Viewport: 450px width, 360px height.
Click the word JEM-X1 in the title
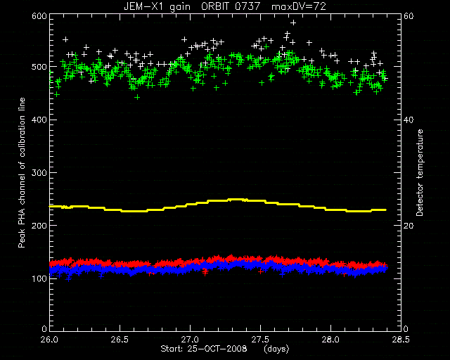click(x=142, y=6)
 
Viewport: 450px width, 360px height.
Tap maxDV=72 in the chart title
click(x=299, y=6)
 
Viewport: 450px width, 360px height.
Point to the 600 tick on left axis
click(x=39, y=15)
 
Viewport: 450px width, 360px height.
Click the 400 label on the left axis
click(x=39, y=120)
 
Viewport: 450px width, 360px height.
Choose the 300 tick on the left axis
click(x=39, y=172)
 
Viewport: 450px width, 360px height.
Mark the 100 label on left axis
click(x=39, y=278)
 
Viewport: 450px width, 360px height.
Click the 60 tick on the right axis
click(x=409, y=15)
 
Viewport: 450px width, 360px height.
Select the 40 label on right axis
click(x=409, y=120)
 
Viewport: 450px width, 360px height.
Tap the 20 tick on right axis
click(x=409, y=226)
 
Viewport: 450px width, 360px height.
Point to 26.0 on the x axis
click(x=50, y=340)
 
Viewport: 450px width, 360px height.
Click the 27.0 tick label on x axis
click(x=191, y=340)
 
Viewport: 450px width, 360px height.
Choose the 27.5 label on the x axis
click(x=260, y=340)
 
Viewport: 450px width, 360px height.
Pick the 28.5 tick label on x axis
click(x=401, y=340)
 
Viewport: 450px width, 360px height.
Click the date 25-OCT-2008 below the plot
click(x=217, y=349)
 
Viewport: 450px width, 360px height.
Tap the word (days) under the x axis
click(x=276, y=349)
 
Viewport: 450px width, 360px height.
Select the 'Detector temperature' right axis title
click(x=420, y=173)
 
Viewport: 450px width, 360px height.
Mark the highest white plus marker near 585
click(x=293, y=22)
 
